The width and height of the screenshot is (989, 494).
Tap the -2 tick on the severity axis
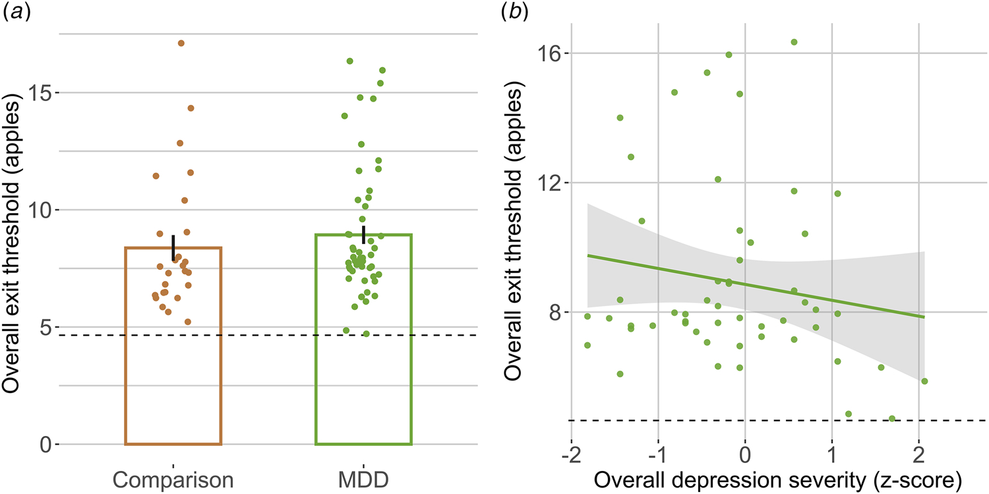click(x=571, y=456)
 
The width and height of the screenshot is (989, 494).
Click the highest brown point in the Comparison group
click(x=181, y=44)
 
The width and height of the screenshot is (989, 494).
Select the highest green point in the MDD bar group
click(x=350, y=61)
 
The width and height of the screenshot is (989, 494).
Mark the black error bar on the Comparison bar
click(x=173, y=247)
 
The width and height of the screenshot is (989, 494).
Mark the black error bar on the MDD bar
click(x=364, y=234)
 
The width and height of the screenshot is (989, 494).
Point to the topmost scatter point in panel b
click(x=794, y=42)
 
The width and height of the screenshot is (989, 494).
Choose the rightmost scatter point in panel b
click(x=924, y=381)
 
